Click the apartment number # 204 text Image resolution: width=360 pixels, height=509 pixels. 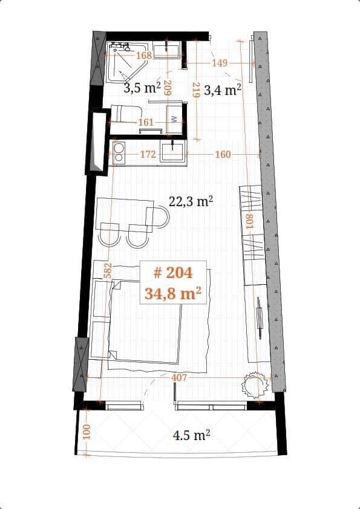click(172, 273)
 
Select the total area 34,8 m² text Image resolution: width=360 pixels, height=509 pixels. click(172, 294)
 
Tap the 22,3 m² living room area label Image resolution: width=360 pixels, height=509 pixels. click(191, 201)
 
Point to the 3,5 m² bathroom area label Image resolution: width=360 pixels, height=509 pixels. click(142, 88)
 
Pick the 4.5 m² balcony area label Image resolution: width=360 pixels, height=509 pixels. click(191, 434)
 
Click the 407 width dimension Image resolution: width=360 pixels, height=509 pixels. click(179, 378)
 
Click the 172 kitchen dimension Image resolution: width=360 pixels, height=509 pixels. click(148, 155)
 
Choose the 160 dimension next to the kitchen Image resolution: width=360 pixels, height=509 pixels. click(223, 155)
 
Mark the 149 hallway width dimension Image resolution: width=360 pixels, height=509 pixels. click(220, 63)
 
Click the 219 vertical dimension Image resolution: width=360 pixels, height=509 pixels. click(195, 91)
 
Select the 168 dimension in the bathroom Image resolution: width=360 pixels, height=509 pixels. click(143, 56)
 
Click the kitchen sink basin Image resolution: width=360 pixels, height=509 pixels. click(173, 151)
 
